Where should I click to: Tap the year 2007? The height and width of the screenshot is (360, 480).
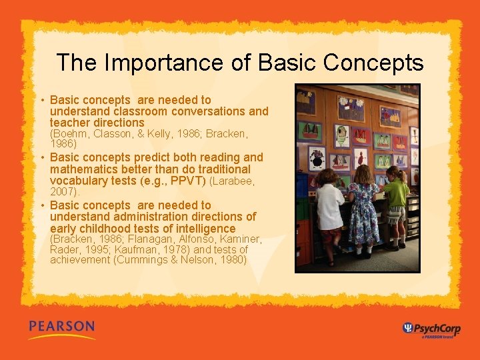tap(63, 191)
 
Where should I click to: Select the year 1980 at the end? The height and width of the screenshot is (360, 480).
tap(230, 259)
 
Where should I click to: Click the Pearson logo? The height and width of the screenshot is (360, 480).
tap(61, 329)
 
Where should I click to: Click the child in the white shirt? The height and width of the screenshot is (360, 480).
tap(329, 213)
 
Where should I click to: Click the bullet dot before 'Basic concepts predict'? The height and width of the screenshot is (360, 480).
tap(42, 158)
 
